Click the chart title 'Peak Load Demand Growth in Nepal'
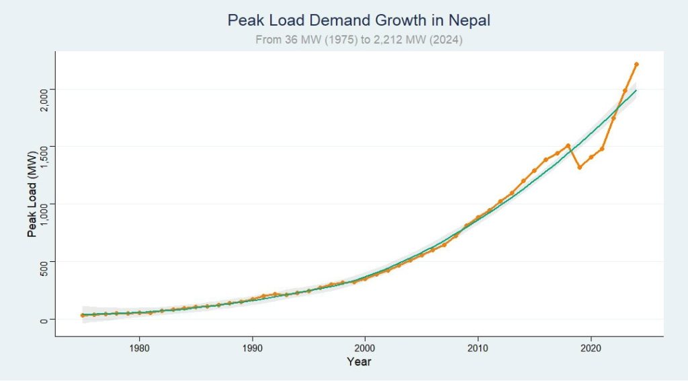coord(359,21)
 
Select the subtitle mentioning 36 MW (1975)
coord(359,40)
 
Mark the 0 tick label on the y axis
coord(42,319)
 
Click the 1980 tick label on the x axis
coord(139,348)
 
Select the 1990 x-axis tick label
coord(252,348)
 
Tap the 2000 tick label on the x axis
coord(365,348)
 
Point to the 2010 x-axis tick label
coord(478,348)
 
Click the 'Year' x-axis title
coord(359,362)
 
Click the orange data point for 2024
coord(636,64)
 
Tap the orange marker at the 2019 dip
coord(579,167)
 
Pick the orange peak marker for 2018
coord(568,145)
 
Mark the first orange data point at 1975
coord(83,315)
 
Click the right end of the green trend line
coord(636,90)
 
